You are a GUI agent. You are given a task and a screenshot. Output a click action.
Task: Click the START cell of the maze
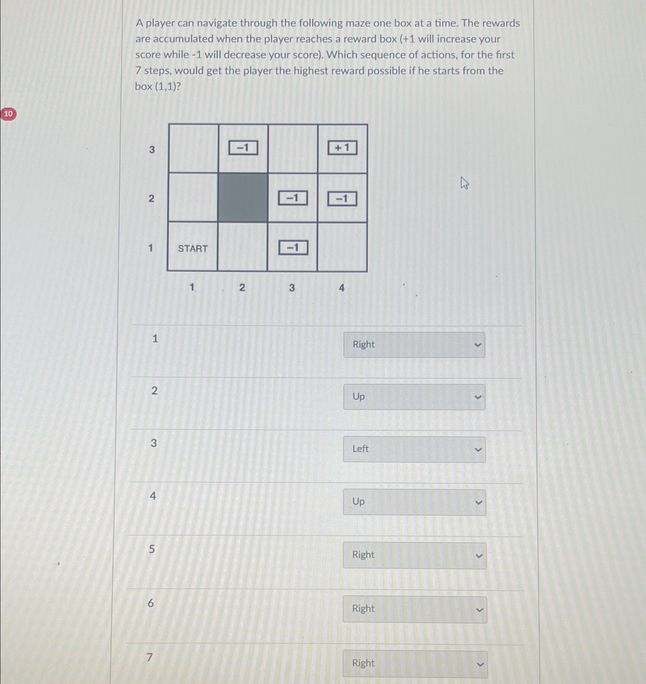click(x=192, y=248)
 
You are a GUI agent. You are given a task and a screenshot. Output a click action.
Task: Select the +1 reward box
click(x=342, y=148)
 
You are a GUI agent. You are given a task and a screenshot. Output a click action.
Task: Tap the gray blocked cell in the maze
click(x=243, y=198)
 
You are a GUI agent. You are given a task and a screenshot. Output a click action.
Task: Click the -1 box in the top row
click(x=243, y=148)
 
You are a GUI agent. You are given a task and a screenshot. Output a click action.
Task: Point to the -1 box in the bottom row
click(x=293, y=248)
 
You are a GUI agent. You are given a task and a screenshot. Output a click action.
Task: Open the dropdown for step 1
click(x=414, y=345)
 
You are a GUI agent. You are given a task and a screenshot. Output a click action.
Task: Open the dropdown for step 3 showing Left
click(x=414, y=449)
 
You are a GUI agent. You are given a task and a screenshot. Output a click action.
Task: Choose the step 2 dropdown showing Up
click(x=414, y=397)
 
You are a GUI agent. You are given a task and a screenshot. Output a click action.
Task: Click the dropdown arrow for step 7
click(x=480, y=664)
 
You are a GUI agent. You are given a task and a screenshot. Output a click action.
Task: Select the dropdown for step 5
click(x=414, y=555)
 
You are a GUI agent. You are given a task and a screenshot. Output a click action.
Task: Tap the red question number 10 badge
click(x=8, y=114)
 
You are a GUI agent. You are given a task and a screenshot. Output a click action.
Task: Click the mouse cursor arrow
click(x=464, y=183)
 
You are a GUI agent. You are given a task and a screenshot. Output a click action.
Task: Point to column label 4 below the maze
click(x=341, y=288)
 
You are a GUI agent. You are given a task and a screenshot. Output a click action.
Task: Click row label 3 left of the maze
click(x=152, y=149)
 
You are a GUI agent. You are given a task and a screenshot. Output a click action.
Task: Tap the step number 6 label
click(x=151, y=603)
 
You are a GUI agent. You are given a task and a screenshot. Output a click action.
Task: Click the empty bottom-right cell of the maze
click(x=342, y=247)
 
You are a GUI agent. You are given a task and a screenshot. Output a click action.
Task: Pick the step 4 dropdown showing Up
click(x=414, y=502)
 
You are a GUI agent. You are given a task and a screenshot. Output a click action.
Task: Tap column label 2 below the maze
click(x=242, y=287)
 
